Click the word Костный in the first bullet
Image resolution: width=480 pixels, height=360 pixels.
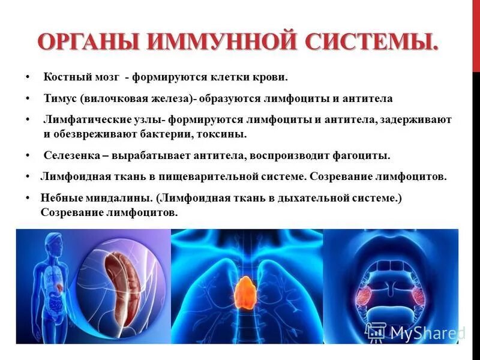pos(64,77)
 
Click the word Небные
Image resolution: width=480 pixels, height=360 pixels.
pos(60,198)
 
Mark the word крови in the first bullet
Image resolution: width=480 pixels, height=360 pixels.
pos(271,77)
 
